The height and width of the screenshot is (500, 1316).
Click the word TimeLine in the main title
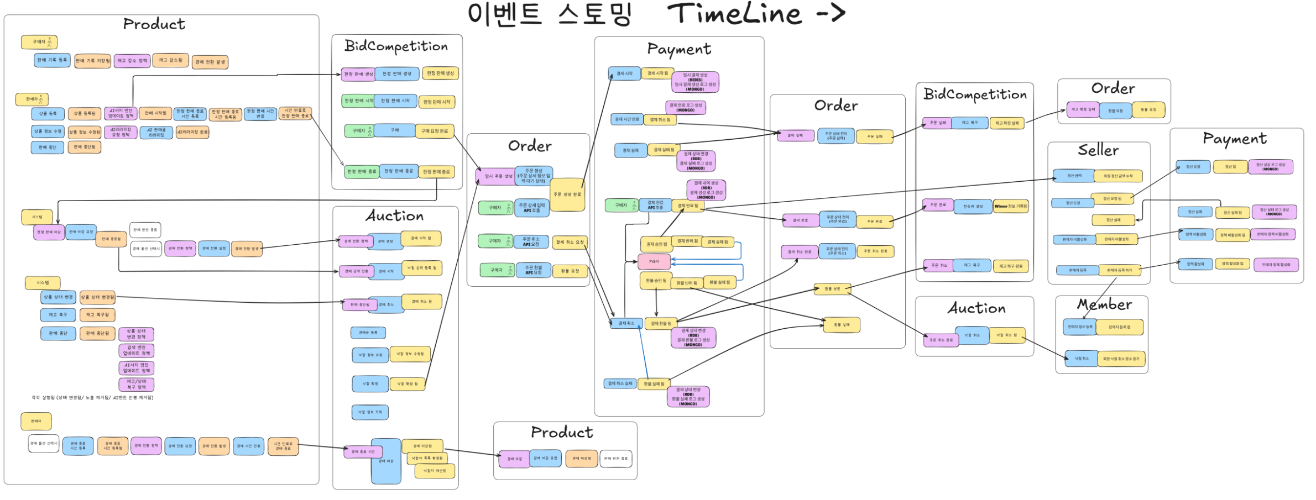tap(734, 14)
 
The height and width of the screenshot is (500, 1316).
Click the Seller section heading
tap(1098, 150)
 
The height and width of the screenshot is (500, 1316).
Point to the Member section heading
tap(1104, 305)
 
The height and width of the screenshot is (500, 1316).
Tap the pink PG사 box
tap(654, 261)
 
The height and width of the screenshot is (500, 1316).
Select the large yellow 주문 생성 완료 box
tap(567, 194)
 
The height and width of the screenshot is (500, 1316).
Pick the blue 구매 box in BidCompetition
tap(395, 130)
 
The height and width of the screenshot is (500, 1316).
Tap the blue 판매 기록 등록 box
tap(52, 60)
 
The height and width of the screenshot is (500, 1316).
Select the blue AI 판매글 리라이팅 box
tap(156, 133)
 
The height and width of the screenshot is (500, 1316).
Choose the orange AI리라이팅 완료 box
tap(192, 132)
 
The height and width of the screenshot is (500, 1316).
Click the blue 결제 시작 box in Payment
tap(624, 73)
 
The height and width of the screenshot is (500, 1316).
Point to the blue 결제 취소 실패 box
tap(619, 383)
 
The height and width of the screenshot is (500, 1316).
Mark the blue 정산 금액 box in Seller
tap(1074, 176)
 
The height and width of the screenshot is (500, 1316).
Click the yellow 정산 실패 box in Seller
tap(1113, 220)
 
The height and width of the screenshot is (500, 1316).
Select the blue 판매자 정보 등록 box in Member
tap(1079, 327)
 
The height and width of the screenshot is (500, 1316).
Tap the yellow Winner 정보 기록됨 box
tap(1010, 206)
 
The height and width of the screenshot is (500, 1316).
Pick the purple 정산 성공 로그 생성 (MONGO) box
tap(1270, 166)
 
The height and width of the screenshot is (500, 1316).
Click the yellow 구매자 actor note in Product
tap(39, 42)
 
